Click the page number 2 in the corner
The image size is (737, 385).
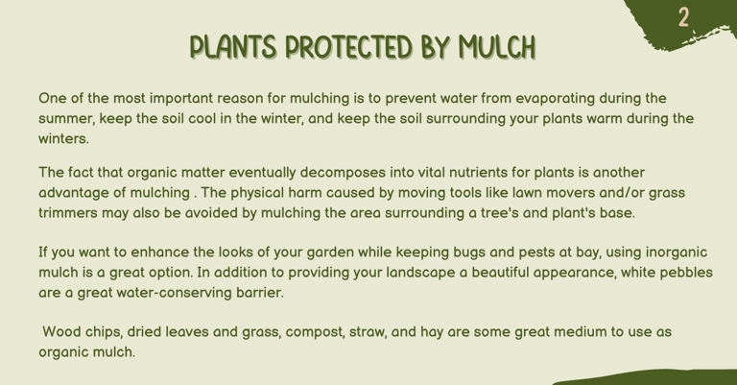(684, 17)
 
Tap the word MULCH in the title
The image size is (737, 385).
(497, 47)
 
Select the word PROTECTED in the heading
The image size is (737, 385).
(348, 47)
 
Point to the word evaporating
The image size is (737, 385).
(555, 99)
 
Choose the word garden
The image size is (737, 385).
(330, 253)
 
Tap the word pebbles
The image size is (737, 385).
(686, 273)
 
